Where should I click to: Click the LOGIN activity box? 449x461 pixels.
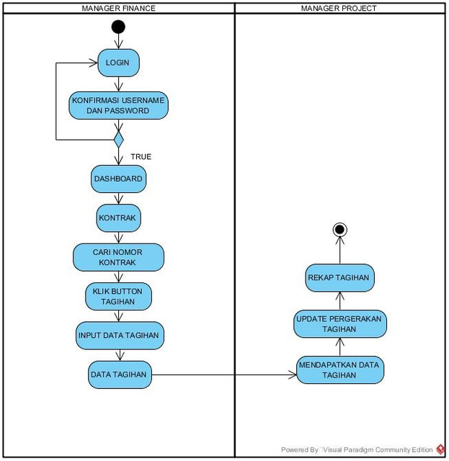pos(118,63)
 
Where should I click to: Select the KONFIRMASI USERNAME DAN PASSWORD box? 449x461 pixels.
pos(119,106)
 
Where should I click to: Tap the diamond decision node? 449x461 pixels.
pos(119,140)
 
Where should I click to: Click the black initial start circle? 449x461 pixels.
pos(118,27)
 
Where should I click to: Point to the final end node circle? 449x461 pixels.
pos(340,229)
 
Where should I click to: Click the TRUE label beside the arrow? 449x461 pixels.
pos(141,157)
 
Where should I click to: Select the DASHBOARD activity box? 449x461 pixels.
pos(118,179)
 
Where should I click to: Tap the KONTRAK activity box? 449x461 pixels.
pos(118,218)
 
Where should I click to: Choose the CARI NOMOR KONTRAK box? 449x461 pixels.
pos(118,257)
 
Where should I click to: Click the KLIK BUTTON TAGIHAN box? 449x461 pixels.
pos(118,296)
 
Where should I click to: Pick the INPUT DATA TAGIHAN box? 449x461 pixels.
pos(120,336)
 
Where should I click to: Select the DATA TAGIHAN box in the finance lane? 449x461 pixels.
pos(120,375)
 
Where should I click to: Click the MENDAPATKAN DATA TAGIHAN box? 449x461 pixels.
pos(340,370)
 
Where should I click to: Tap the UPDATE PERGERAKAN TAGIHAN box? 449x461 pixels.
pos(340,323)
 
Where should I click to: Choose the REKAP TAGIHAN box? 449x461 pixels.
pos(340,278)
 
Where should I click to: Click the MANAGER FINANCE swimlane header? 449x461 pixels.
pos(119,8)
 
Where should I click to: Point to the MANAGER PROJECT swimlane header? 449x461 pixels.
pos(339,8)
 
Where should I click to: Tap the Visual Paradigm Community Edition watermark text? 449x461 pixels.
pos(378,449)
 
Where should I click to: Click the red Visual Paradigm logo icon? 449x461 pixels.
pos(440,449)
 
